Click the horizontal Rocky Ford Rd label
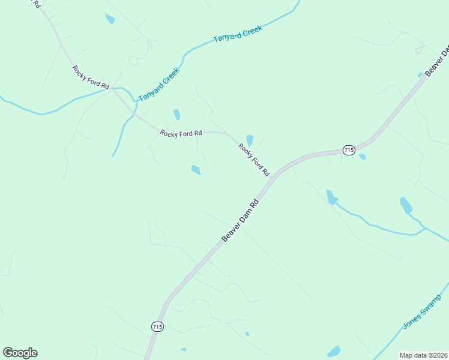point(181,133)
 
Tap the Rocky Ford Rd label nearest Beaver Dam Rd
point(253,159)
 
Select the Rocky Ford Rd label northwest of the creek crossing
point(91,77)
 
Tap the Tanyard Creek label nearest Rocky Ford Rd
point(158,83)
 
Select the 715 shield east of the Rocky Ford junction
point(349,149)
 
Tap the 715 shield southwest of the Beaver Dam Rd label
point(157,326)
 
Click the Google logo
point(20,353)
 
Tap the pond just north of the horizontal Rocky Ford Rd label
point(176,114)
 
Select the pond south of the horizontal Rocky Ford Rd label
point(196,170)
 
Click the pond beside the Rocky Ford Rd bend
point(249,140)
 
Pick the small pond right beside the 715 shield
point(362,157)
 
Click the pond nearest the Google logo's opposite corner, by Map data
point(334,352)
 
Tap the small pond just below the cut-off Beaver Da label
point(420,75)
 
